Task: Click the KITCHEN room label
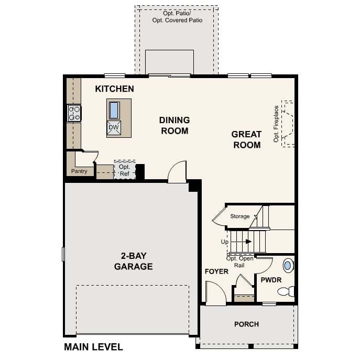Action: coord(114,89)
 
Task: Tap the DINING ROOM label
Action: coord(174,125)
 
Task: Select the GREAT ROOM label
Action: coord(246,139)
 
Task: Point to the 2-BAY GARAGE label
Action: coord(134,261)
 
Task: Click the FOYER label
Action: coord(216,271)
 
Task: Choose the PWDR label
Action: coord(271,280)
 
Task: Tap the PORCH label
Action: coord(246,324)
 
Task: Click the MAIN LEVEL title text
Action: coord(93,347)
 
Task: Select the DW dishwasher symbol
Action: coord(114,127)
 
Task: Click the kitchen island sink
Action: coord(114,110)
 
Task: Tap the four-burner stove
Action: coord(74,113)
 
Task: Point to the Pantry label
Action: coord(80,171)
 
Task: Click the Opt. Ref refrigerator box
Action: coord(124,170)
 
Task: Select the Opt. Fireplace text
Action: coord(276,124)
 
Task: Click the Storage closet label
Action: coord(240,216)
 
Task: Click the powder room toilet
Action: coord(287,291)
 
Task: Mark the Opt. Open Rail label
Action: coord(239,261)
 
